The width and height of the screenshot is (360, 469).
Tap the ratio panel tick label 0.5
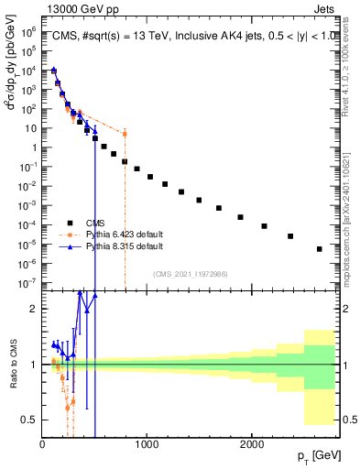(x=30, y=420)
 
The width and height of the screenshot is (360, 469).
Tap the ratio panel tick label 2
(x=34, y=309)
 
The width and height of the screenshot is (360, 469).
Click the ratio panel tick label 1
(x=34, y=365)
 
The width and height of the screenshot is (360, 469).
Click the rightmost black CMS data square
(x=319, y=249)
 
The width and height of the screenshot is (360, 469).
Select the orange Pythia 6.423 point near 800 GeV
(x=125, y=134)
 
